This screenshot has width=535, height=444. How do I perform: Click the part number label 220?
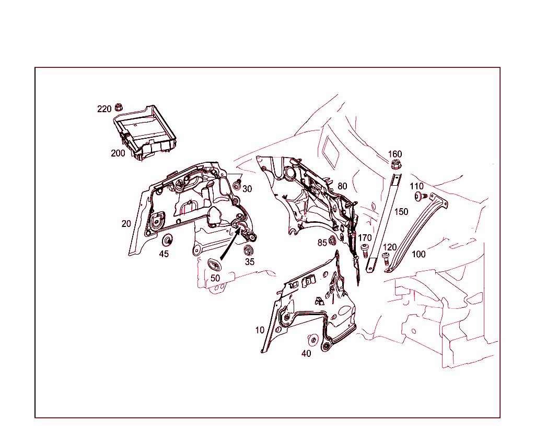(x=104, y=109)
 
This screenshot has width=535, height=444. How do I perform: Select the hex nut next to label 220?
(x=119, y=107)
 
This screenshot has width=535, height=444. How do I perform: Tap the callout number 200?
(x=118, y=153)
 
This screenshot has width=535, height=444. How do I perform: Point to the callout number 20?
(x=126, y=223)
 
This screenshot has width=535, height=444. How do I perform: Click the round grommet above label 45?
(x=168, y=241)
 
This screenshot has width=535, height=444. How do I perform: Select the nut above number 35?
(x=249, y=249)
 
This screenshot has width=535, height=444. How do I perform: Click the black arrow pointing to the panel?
(x=230, y=245)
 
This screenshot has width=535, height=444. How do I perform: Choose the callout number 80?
(x=342, y=186)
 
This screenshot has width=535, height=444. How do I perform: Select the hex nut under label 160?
(x=396, y=165)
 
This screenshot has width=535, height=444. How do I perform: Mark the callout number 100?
(x=418, y=255)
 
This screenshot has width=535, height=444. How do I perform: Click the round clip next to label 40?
(x=313, y=340)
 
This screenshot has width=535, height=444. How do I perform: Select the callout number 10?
(x=260, y=330)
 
